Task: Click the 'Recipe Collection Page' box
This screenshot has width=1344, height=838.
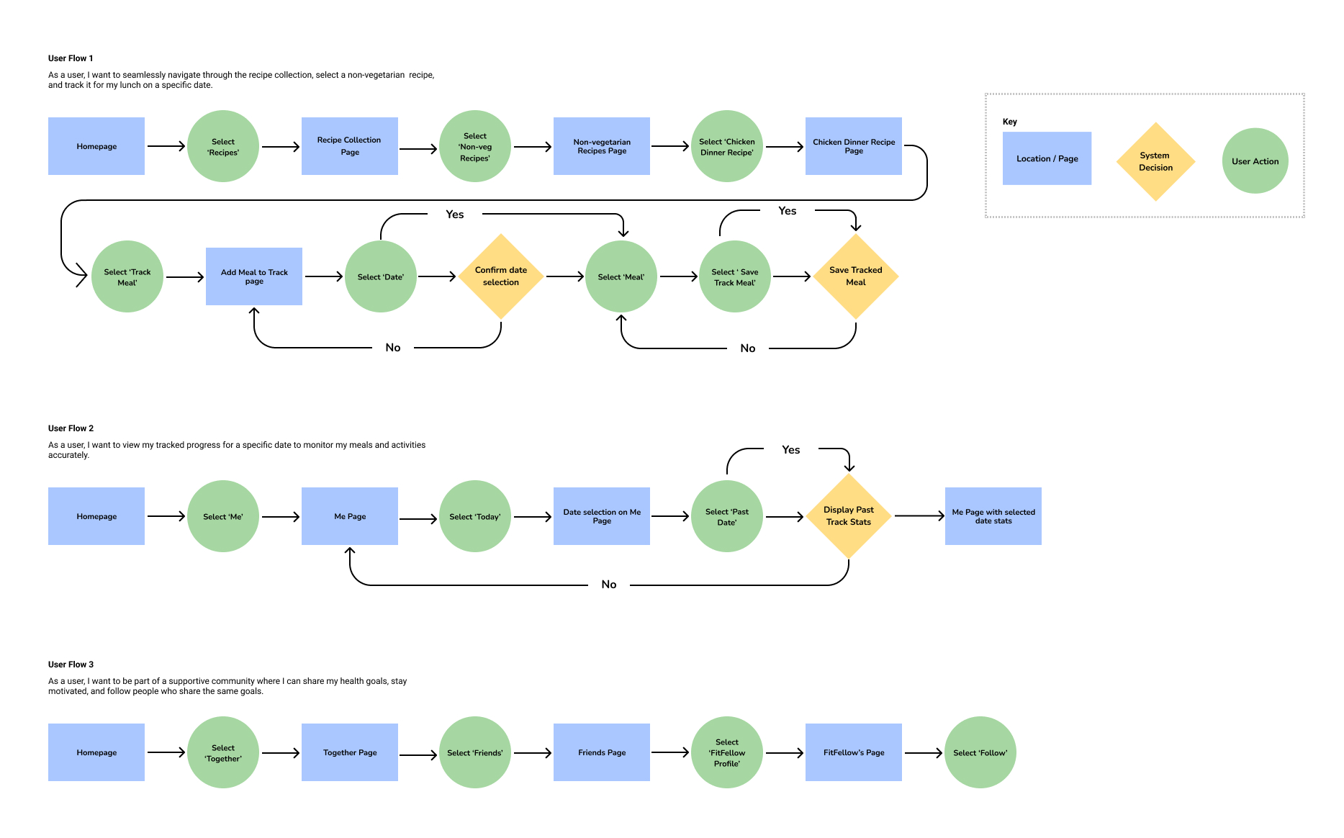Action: (x=349, y=146)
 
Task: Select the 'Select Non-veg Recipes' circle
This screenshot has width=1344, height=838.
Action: (x=474, y=146)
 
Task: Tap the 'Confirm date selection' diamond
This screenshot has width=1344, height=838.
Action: (x=500, y=276)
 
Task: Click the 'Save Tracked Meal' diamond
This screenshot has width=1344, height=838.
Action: (x=855, y=276)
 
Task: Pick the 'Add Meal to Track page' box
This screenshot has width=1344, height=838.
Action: (x=253, y=276)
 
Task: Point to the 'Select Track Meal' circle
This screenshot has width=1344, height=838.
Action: (x=127, y=276)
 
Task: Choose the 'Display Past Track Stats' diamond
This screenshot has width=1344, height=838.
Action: (x=848, y=516)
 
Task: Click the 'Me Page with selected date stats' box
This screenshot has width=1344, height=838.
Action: (x=993, y=516)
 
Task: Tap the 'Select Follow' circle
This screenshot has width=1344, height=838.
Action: (x=980, y=752)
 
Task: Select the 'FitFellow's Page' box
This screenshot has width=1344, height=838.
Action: (x=853, y=752)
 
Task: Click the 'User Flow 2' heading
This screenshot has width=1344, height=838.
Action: (x=71, y=428)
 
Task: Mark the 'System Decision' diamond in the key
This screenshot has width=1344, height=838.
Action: (x=1155, y=161)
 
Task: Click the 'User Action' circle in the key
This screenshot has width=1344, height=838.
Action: (x=1255, y=161)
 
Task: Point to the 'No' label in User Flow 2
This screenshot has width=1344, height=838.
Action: (x=608, y=585)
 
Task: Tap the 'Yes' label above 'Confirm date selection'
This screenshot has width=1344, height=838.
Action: (x=454, y=215)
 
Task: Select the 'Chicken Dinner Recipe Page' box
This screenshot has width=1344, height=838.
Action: (x=853, y=146)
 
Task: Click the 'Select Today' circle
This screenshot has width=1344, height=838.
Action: (x=474, y=516)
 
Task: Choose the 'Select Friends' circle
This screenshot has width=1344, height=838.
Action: (x=474, y=752)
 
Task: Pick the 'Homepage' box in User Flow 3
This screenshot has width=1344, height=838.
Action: (x=96, y=752)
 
